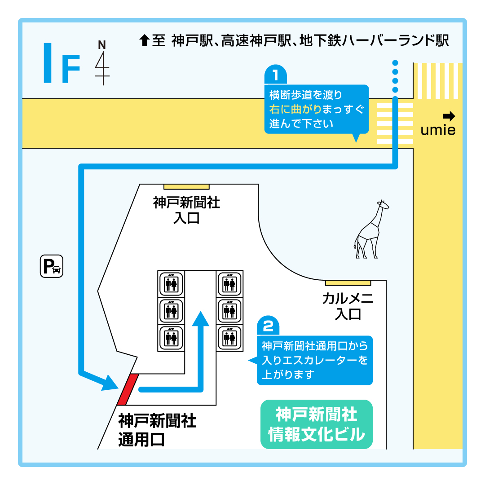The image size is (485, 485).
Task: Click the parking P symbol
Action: pyautogui.click(x=52, y=266)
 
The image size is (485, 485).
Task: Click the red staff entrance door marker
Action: pyautogui.click(x=128, y=389)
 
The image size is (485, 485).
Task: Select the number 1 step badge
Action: pyautogui.click(x=276, y=74)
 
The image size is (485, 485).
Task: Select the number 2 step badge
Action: pyautogui.click(x=268, y=326)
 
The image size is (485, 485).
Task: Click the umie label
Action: pyautogui.click(x=438, y=130)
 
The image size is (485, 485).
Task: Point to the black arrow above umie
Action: pyautogui.click(x=449, y=116)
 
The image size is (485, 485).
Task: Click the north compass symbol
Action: pyautogui.click(x=102, y=62)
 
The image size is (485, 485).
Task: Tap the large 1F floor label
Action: pyautogui.click(x=62, y=63)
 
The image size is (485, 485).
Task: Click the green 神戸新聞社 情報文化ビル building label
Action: pyautogui.click(x=317, y=424)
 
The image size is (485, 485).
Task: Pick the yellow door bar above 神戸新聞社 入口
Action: pyautogui.click(x=186, y=187)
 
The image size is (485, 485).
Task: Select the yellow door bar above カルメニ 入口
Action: pyautogui.click(x=348, y=283)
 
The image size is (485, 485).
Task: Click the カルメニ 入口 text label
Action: pyautogui.click(x=348, y=306)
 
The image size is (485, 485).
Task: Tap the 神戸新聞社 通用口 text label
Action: pyautogui.click(x=157, y=430)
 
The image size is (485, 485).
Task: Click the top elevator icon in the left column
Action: pyautogui.click(x=171, y=284)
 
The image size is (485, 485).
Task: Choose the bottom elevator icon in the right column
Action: pyautogui.click(x=229, y=338)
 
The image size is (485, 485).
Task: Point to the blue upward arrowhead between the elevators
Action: pyautogui.click(x=201, y=318)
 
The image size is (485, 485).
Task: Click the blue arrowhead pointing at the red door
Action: pyautogui.click(x=110, y=383)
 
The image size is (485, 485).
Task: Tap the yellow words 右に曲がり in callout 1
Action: pyautogui.click(x=295, y=109)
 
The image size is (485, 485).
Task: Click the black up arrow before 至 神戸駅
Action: pyautogui.click(x=145, y=40)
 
